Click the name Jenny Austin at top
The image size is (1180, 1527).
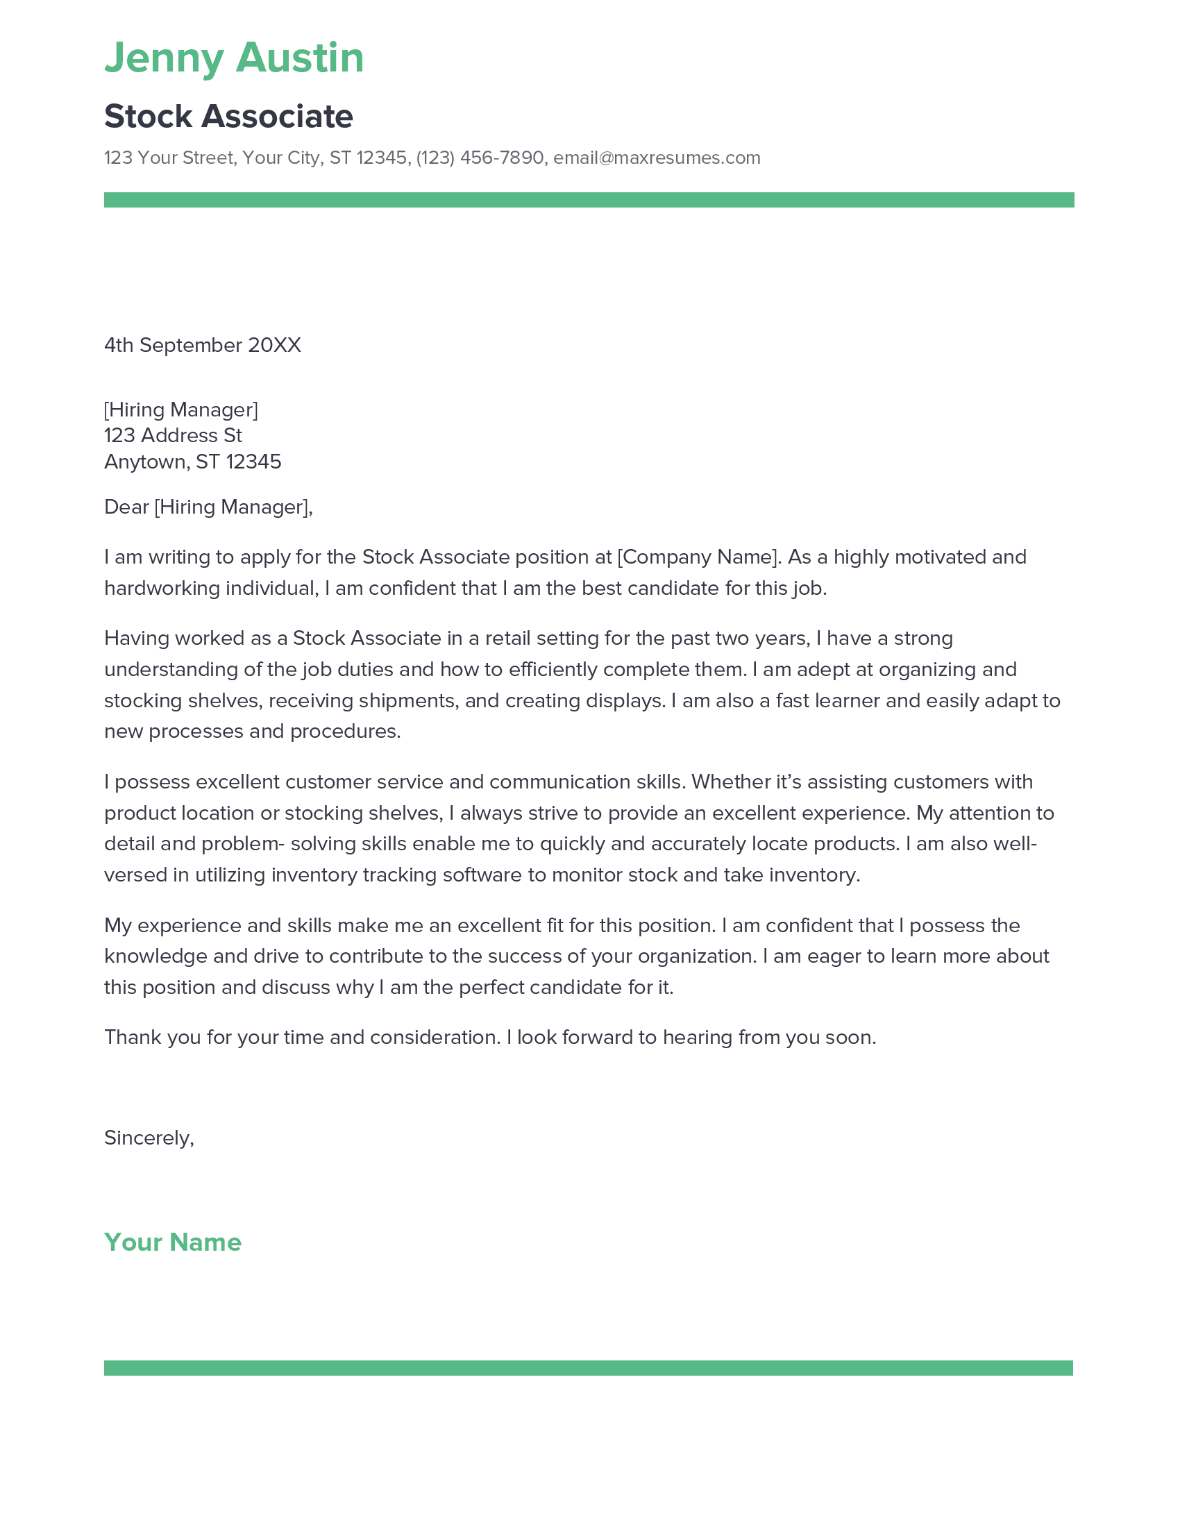[234, 58]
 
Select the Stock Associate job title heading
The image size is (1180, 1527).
[228, 116]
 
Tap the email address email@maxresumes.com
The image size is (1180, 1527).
[657, 158]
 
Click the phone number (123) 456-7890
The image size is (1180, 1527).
[480, 158]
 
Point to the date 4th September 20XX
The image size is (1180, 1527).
[202, 345]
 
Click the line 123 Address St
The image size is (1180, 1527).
[173, 435]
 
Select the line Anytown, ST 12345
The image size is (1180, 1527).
[192, 462]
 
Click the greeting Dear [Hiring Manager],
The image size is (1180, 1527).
[208, 506]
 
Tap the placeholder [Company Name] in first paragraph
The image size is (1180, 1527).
[697, 557]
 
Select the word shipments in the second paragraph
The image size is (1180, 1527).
[414, 700]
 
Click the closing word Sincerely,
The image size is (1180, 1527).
[149, 1138]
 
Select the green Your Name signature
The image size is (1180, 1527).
[173, 1242]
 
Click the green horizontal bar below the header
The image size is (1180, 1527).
[589, 200]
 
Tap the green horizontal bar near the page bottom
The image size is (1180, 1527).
[589, 1368]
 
